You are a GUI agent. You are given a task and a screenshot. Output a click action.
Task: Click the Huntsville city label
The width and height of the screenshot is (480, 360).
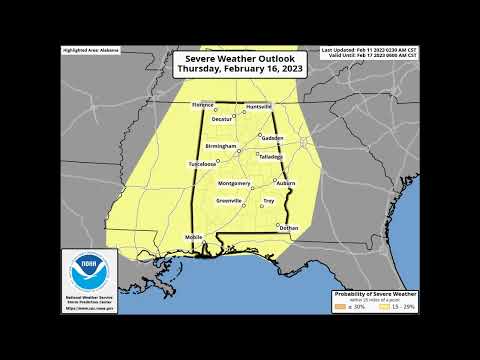[257, 103]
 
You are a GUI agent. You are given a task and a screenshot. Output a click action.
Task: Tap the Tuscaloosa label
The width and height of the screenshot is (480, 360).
[201, 163]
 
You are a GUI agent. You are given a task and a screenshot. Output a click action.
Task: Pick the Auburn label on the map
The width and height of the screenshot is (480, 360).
[286, 184]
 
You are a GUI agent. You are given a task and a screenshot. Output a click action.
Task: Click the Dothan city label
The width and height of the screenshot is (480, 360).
[289, 228]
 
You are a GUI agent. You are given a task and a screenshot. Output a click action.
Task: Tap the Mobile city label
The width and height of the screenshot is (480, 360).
[194, 236]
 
